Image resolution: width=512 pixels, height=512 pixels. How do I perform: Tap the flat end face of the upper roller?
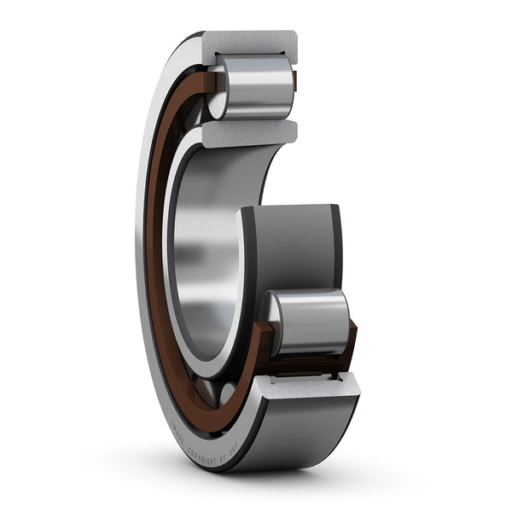click(x=218, y=91)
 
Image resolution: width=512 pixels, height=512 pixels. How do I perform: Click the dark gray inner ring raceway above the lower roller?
click(x=294, y=247)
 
